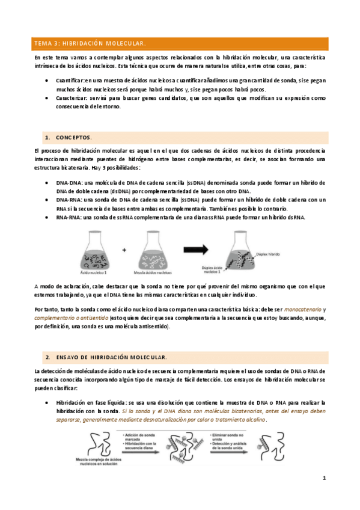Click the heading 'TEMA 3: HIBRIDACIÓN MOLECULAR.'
90,44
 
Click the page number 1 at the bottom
324,478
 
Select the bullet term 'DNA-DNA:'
69,182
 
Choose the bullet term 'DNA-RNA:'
69,200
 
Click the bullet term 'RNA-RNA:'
69,217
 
